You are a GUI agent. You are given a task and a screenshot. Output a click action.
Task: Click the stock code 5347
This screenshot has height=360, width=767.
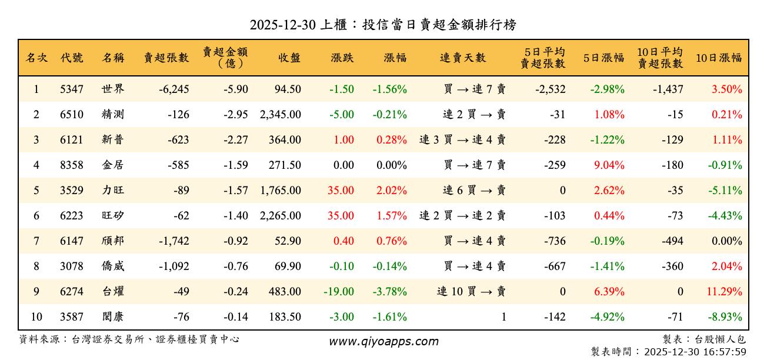pos(72,90)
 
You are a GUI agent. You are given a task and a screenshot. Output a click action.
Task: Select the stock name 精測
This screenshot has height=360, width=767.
pos(113,115)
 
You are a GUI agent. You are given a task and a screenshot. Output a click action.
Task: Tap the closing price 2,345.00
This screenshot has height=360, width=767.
pos(280,115)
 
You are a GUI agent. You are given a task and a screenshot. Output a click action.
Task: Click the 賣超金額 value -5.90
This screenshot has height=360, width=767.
pos(235,90)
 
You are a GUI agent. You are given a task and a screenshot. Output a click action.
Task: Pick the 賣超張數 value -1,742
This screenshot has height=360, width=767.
pos(174,241)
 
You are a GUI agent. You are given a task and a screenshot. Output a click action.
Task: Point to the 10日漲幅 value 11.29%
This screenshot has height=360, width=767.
pos(727,292)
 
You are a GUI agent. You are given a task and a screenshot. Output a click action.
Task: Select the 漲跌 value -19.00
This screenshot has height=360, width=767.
pos(339,292)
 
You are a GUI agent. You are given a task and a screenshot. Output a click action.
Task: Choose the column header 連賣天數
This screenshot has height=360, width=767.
pos(463,58)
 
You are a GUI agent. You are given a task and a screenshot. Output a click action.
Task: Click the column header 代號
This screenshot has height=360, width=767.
pos(72,58)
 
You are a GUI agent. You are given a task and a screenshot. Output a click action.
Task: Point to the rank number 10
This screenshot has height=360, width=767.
pos(36,317)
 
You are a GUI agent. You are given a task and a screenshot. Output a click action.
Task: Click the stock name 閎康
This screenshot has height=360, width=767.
pos(113,317)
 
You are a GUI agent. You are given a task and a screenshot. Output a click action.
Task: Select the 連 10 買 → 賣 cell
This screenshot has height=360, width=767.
pos(471,292)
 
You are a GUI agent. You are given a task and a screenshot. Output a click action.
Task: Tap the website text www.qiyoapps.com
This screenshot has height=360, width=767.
pos(383,342)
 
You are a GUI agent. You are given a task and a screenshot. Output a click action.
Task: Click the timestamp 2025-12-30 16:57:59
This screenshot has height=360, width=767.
pos(695,352)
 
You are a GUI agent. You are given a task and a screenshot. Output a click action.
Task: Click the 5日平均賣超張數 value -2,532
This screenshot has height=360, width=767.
pos(551,90)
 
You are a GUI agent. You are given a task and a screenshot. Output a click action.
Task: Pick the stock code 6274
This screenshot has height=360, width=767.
pos(72,292)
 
